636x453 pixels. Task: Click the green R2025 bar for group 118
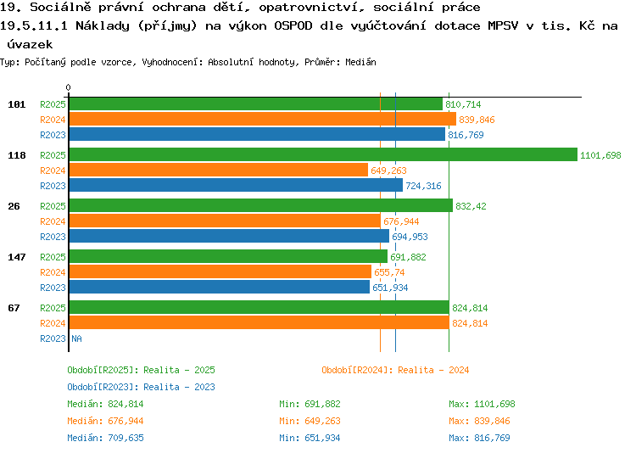tap(323, 154)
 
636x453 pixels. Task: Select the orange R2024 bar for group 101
tap(263, 119)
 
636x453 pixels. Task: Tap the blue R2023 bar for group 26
tap(229, 236)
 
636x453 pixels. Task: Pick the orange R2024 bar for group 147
tap(220, 271)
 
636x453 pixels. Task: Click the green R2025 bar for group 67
tap(259, 307)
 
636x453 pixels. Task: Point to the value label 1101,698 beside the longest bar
tap(600, 155)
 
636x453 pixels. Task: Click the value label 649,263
tap(388, 171)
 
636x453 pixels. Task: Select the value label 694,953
tap(410, 237)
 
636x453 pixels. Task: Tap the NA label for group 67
tap(76, 338)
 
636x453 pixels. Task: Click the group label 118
tap(17, 155)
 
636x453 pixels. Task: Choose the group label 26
tap(14, 206)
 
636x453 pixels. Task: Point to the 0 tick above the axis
tap(68, 87)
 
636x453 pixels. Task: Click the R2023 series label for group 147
tap(53, 288)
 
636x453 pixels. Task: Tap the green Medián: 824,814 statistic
tap(105, 404)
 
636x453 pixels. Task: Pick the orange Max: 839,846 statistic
tap(479, 421)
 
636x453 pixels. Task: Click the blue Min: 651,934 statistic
tap(310, 438)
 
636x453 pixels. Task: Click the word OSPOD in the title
tap(293, 25)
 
